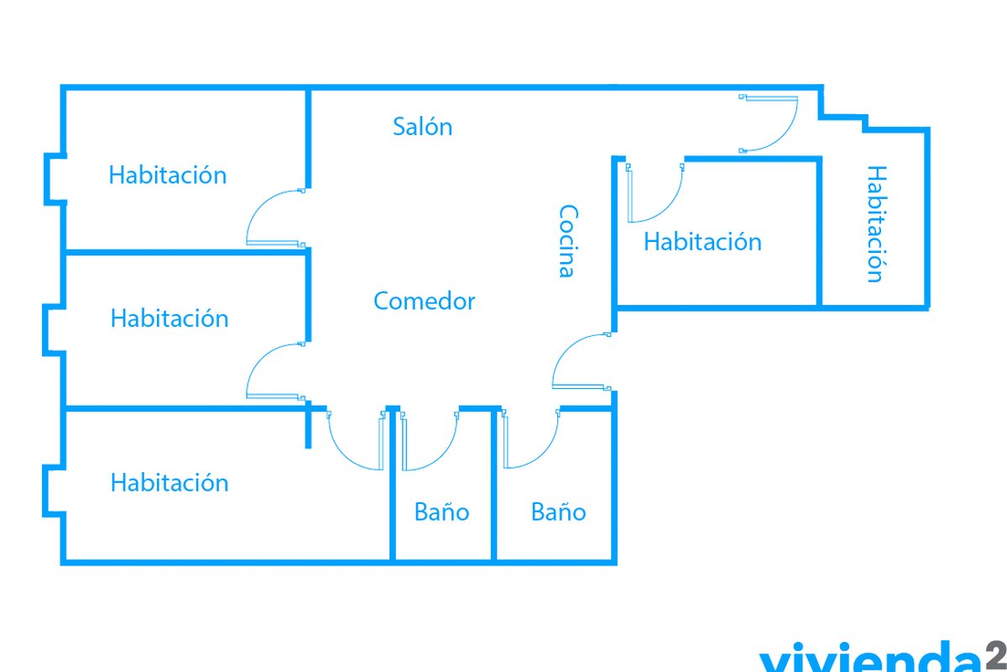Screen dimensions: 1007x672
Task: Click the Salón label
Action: pyautogui.click(x=423, y=127)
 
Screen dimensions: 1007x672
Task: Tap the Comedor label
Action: pyautogui.click(x=424, y=301)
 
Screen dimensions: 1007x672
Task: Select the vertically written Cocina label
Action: pyautogui.click(x=568, y=241)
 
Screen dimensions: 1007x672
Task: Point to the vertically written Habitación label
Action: pyautogui.click(x=877, y=223)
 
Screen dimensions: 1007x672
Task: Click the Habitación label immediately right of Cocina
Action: pyautogui.click(x=702, y=242)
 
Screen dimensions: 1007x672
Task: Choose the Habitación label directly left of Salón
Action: pyautogui.click(x=168, y=175)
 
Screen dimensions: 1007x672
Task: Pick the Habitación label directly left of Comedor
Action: pyautogui.click(x=170, y=318)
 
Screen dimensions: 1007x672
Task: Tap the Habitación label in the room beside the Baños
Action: pyautogui.click(x=170, y=482)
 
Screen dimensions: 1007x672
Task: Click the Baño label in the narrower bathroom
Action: pyautogui.click(x=442, y=512)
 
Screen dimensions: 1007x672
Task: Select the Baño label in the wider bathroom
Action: pyautogui.click(x=558, y=512)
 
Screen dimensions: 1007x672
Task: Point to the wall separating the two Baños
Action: pyautogui.click(x=493, y=486)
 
